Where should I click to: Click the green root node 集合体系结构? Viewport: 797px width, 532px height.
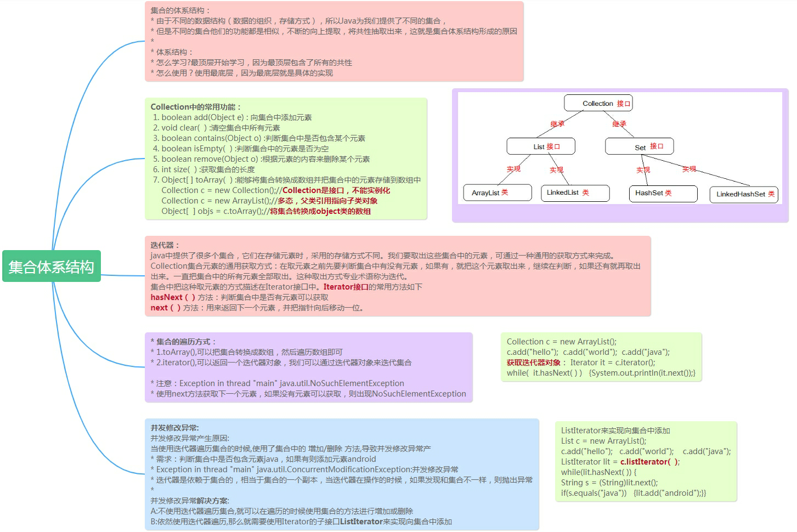[x=52, y=267]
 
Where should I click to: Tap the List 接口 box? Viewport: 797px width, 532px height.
[x=541, y=146]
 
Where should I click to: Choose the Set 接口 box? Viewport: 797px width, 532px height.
[x=639, y=146]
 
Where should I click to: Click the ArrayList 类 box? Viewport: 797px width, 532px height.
[x=498, y=193]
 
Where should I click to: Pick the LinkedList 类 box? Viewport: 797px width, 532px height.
[x=575, y=193]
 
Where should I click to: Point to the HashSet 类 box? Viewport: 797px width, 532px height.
[x=662, y=193]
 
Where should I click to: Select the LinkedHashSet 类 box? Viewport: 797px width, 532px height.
[x=744, y=194]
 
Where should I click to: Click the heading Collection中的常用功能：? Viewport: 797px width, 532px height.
[x=196, y=107]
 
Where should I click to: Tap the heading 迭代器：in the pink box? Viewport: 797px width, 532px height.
[x=165, y=245]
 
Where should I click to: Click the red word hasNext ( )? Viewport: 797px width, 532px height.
[x=173, y=297]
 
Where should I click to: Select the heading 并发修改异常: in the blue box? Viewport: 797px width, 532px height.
[x=175, y=428]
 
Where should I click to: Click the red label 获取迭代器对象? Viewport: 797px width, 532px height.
[x=533, y=363]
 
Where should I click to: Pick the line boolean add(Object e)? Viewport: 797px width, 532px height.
[x=202, y=117]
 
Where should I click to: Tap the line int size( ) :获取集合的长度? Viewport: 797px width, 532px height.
[x=208, y=169]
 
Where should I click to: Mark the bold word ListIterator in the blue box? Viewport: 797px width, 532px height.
[x=361, y=522]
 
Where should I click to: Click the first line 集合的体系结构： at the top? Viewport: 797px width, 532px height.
[x=180, y=10]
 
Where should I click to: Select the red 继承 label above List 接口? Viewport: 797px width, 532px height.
[x=557, y=124]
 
